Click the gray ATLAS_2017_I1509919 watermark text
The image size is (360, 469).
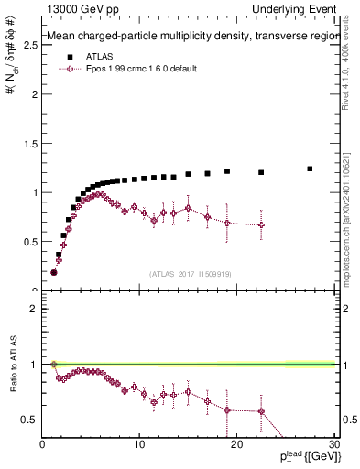click(x=191, y=273)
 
